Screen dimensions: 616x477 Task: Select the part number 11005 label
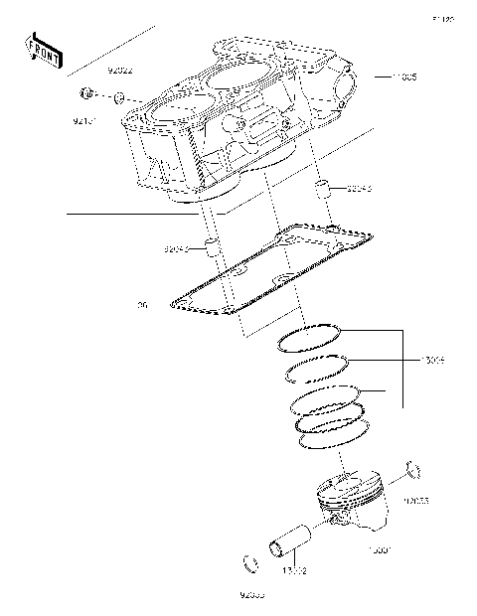[402, 77]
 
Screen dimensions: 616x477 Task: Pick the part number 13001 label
[381, 548]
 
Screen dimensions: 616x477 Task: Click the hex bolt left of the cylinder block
[86, 95]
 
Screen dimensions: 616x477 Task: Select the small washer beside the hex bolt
[118, 98]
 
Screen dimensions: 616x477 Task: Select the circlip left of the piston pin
[250, 566]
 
